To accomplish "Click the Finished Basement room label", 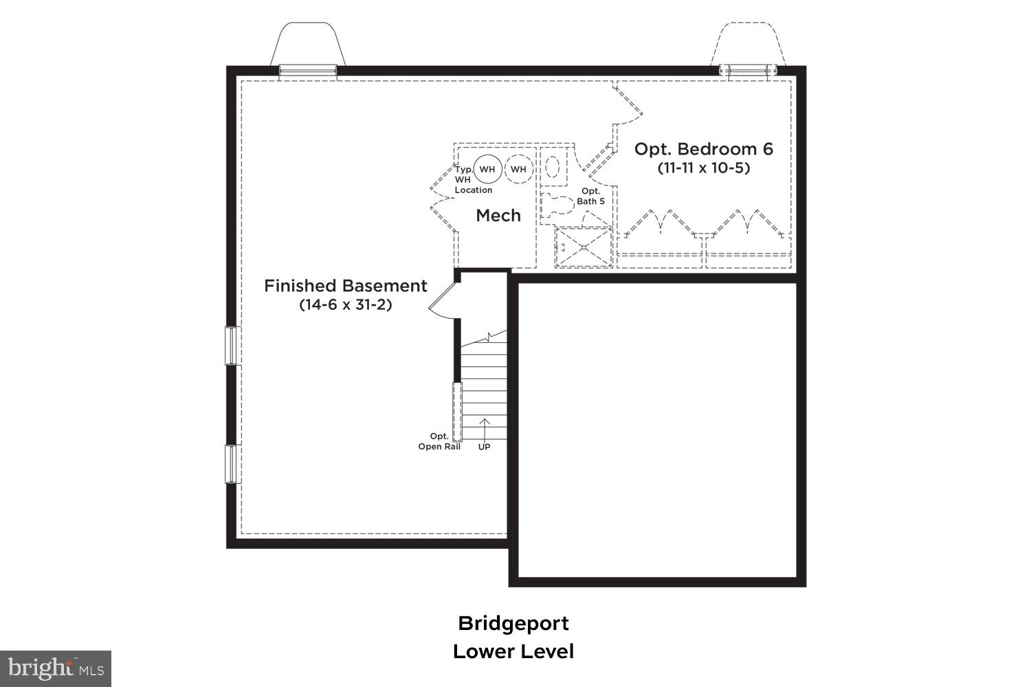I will point(345,286).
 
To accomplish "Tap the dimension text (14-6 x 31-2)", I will point(345,304).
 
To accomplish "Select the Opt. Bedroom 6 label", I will point(703,149).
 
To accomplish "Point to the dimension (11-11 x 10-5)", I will point(703,168).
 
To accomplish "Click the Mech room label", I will point(498,216).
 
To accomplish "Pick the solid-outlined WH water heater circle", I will point(487,169).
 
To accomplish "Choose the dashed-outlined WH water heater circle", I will point(518,169).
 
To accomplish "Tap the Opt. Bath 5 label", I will point(590,196).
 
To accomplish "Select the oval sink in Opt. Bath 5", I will point(553,166).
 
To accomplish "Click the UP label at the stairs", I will point(484,447).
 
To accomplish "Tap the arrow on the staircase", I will point(484,429).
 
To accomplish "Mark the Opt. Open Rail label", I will point(439,442).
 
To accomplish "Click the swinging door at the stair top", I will point(442,299).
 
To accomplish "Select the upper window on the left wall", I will point(232,345).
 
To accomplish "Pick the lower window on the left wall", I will point(232,464).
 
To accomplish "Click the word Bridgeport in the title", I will point(513,624).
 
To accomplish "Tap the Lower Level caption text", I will point(513,651).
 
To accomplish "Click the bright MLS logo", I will point(55,668).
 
